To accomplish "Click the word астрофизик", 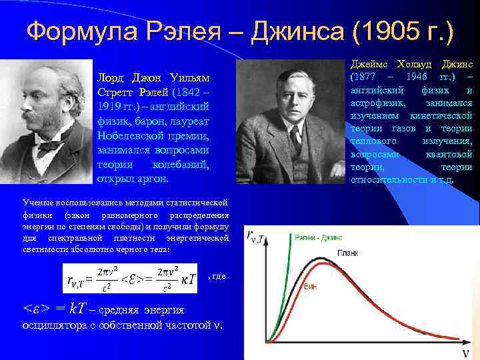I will tap(376, 103).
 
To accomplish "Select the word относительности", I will tap(389, 179).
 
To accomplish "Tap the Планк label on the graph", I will tap(347, 253).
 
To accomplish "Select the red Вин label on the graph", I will tap(310, 285).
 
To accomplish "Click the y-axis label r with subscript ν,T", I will tap(255, 235).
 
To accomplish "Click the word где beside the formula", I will tap(218, 276).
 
